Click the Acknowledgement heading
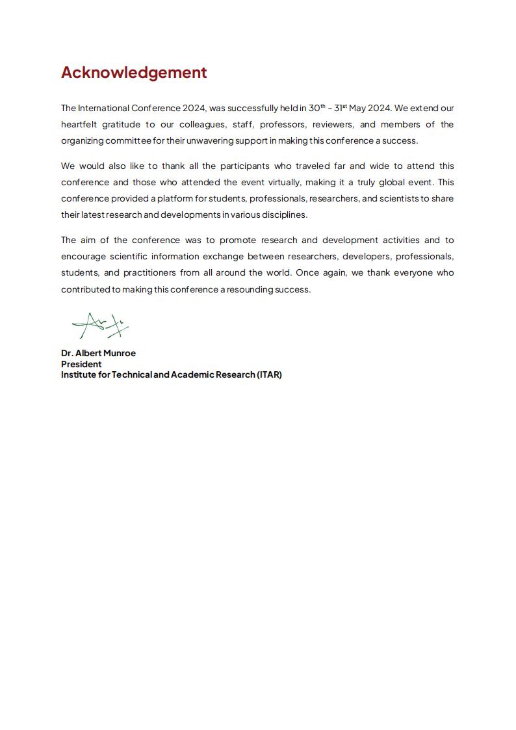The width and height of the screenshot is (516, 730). point(134,72)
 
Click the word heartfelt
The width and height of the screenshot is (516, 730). point(78,124)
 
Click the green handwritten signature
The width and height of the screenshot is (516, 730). point(99,326)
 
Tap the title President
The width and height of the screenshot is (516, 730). point(81,364)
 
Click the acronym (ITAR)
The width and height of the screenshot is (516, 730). point(269,374)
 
